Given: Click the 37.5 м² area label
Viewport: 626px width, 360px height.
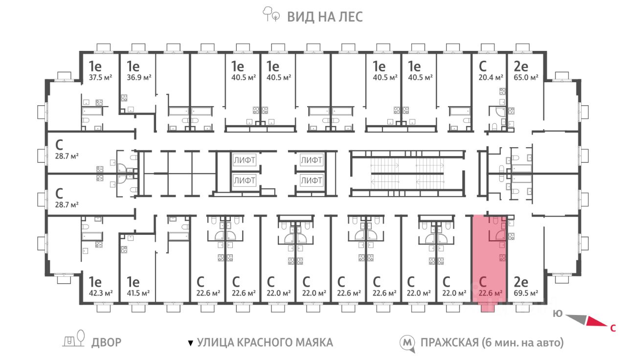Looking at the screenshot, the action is (100, 77).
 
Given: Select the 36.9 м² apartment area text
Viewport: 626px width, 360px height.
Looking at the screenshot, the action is (139, 77).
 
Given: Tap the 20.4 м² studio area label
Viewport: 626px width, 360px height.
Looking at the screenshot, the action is (491, 77).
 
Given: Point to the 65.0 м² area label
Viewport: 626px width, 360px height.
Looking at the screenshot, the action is (526, 77).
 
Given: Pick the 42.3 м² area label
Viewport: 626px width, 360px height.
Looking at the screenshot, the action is (101, 293).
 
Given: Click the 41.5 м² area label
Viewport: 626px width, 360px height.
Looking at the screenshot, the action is (138, 293).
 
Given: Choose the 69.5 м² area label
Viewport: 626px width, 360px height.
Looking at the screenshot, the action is (526, 293).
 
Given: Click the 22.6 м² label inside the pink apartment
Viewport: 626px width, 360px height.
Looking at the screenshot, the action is (491, 293).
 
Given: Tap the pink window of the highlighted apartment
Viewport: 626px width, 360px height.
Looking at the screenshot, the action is (488, 308).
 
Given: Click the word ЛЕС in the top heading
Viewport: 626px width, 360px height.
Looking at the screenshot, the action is (350, 17).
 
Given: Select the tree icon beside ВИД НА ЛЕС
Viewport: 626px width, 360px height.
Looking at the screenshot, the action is (270, 14).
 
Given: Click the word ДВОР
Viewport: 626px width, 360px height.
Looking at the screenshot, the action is (106, 342).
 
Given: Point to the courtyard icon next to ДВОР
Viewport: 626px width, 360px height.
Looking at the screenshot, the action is (74, 339).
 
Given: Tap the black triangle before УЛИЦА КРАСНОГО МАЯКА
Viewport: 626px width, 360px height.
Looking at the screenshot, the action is (191, 343).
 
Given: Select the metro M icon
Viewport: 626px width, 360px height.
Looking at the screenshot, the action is (407, 343).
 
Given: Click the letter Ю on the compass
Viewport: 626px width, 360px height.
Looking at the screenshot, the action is (558, 314).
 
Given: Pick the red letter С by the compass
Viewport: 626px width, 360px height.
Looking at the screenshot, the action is (613, 328).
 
